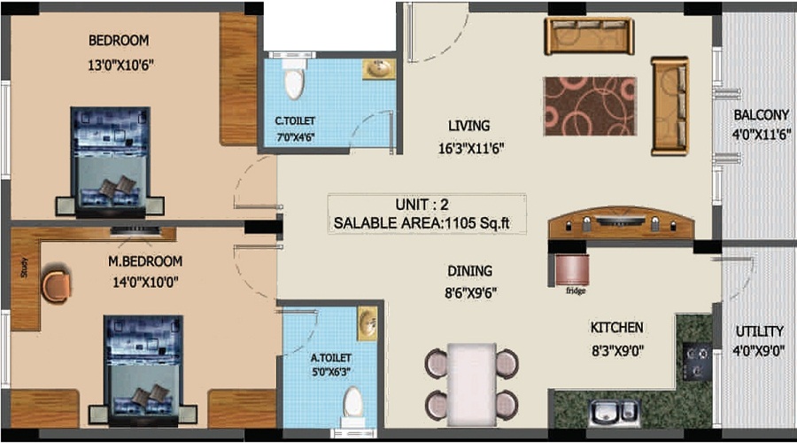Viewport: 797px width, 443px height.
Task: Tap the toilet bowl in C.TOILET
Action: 294,82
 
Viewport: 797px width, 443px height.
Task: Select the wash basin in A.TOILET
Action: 367,324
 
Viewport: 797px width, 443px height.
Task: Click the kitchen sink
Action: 614,411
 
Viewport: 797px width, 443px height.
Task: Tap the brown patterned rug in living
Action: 590,105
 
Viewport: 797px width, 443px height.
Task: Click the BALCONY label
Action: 761,115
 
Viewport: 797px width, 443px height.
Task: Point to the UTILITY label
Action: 759,332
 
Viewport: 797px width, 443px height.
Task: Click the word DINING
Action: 469,271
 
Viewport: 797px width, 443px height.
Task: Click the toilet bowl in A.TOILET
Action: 353,406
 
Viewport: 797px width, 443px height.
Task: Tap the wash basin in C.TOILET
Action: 379,70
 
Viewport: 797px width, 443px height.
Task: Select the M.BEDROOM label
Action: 145,261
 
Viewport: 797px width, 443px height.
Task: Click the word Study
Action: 24,268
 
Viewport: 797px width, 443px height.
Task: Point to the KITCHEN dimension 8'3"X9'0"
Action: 616,350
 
